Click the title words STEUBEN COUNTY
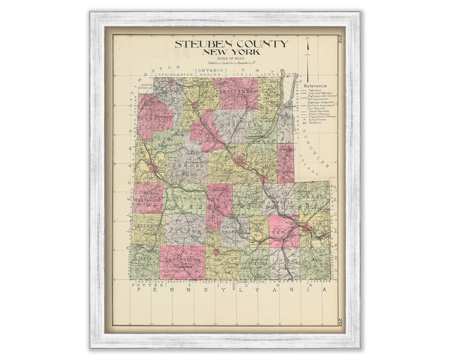pos(231,44)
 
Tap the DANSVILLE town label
pos(154,119)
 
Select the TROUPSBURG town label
pos(182,259)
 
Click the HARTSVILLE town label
pos(148,199)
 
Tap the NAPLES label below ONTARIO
pos(210,74)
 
